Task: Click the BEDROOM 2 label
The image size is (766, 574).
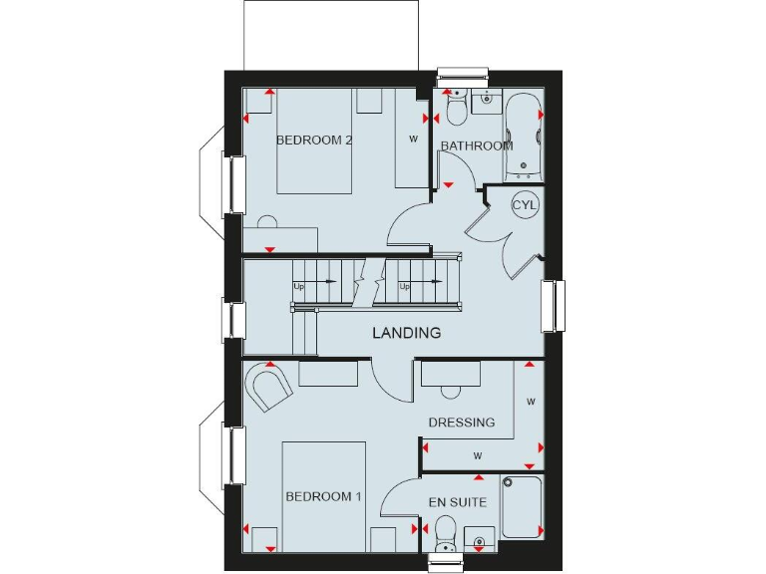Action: click(314, 141)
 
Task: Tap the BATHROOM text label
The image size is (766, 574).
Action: click(477, 145)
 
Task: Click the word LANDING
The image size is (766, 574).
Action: click(407, 333)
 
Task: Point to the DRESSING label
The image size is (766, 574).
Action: click(462, 423)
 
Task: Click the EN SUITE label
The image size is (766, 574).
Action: click(458, 502)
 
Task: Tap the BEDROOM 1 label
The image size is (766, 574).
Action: click(323, 496)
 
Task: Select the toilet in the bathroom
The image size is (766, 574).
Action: click(457, 108)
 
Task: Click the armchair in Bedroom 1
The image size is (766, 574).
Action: click(266, 386)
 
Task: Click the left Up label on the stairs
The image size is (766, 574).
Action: click(298, 287)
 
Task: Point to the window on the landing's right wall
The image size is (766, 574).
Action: click(553, 306)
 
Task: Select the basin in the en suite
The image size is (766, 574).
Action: click(480, 538)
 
